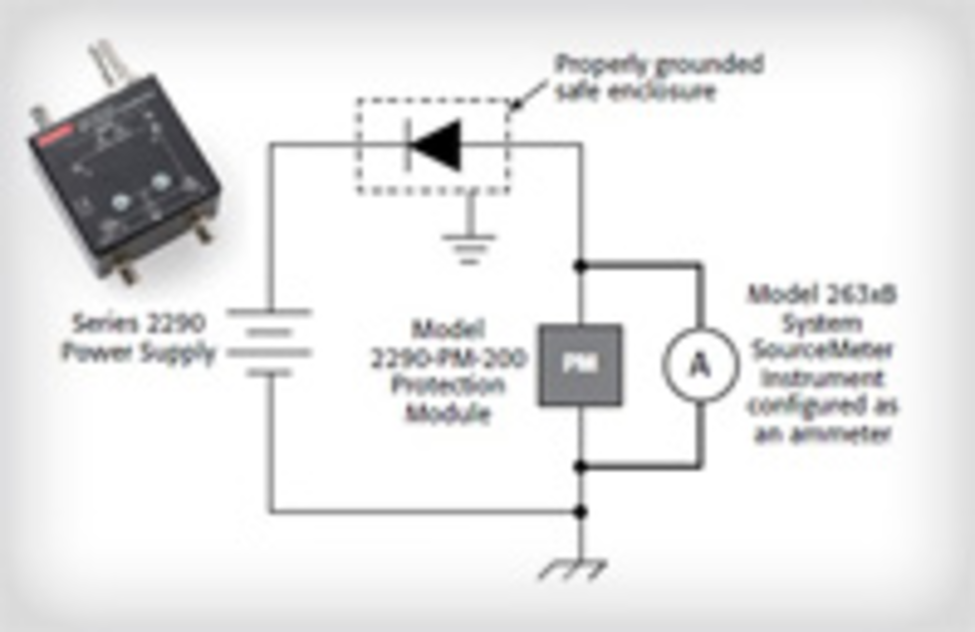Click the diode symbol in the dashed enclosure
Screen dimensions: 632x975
coord(434,145)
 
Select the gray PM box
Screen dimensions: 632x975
coord(580,365)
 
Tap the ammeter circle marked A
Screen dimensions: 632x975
coord(700,365)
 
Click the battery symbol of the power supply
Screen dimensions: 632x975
coord(269,343)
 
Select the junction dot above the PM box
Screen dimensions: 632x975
coord(580,265)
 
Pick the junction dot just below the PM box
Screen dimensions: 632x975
coord(580,465)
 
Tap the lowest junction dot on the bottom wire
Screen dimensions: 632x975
coord(580,512)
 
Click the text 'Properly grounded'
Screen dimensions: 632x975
coord(659,65)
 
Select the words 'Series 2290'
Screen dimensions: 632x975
coord(139,324)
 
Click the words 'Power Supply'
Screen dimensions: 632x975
coord(139,352)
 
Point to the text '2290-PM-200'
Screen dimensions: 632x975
coord(448,359)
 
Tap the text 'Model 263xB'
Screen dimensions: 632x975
coord(822,294)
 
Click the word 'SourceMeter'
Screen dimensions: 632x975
coord(822,350)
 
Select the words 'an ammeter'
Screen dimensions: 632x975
coord(822,434)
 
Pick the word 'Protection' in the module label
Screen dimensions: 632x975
coord(448,386)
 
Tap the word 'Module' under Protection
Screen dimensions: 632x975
coord(448,413)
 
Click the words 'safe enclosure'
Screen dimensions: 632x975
coord(636,92)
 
